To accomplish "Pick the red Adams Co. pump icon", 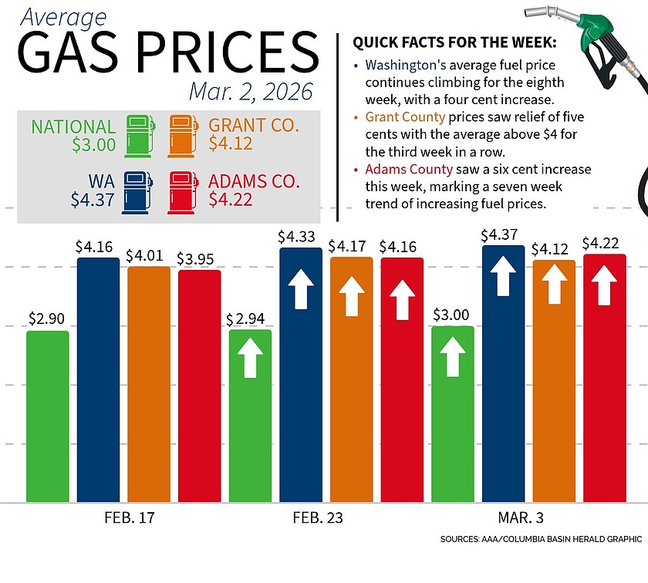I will pyautogui.click(x=184, y=192).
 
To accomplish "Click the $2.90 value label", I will pyautogui.click(x=48, y=318).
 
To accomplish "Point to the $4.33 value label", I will pyautogui.click(x=300, y=235).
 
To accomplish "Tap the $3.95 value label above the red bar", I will pyautogui.click(x=199, y=258).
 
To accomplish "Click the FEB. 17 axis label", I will pyautogui.click(x=130, y=517).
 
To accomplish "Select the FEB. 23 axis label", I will pyautogui.click(x=319, y=517).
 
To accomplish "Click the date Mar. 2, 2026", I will pyautogui.click(x=240, y=91).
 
